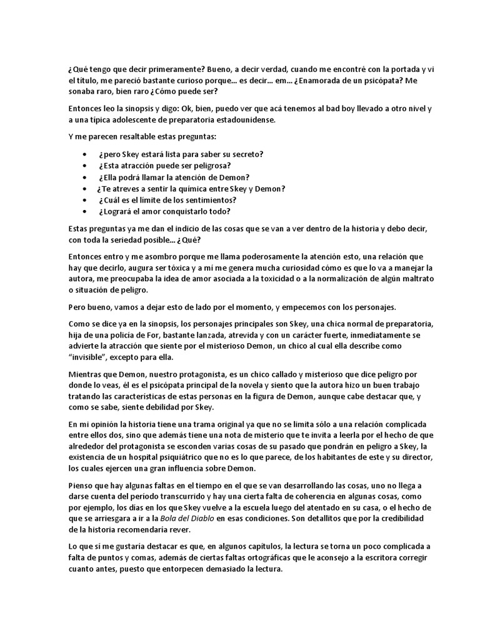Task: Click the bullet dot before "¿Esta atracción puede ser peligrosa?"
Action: (85, 166)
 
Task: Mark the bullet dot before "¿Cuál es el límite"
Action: (85, 200)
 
